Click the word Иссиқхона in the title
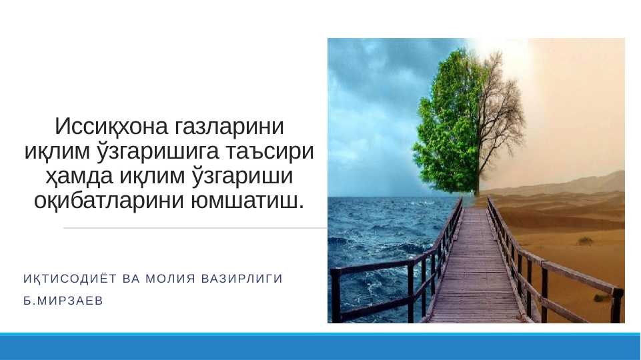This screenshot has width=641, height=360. coord(111,126)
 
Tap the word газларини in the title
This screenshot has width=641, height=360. coord(229,127)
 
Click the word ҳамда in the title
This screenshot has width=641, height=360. coord(79,176)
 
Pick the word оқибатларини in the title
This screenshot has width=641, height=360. coord(109,201)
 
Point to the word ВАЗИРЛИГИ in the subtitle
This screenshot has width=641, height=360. coord(242,279)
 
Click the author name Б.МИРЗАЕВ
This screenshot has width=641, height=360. coord(63,301)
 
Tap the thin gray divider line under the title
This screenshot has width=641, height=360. coord(195,228)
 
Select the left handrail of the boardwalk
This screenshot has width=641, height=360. coord(409,270)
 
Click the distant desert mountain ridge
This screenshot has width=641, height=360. coord(572,185)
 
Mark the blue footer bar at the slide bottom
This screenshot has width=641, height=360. coord(320,347)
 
